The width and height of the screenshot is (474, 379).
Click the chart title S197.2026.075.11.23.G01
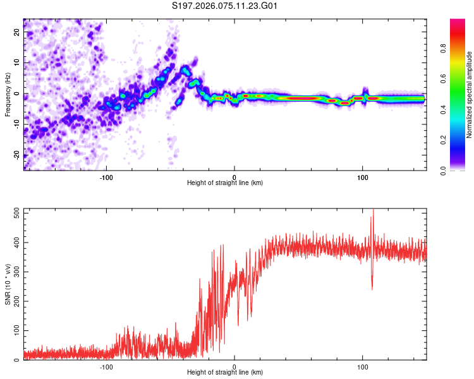pyautogui.click(x=226, y=6)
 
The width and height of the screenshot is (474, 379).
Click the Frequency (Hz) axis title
pyautogui.click(x=8, y=95)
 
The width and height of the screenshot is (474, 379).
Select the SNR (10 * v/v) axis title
pyautogui.click(x=8, y=284)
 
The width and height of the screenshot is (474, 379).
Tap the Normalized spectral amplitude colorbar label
pyautogui.click(x=470, y=95)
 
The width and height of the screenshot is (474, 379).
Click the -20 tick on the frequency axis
pyautogui.click(x=16, y=155)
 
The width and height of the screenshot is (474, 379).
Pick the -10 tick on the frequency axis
pyautogui.click(x=16, y=124)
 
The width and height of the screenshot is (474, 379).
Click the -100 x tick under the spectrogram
pyautogui.click(x=106, y=176)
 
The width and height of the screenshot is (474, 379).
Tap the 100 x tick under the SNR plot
pyautogui.click(x=363, y=366)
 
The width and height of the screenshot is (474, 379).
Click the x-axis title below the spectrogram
pyautogui.click(x=225, y=183)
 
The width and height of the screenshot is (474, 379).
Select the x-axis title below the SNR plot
pyautogui.click(x=225, y=373)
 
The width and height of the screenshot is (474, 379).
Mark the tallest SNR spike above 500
pyautogui.click(x=373, y=211)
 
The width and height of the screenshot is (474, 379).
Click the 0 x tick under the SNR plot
pyautogui.click(x=234, y=366)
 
